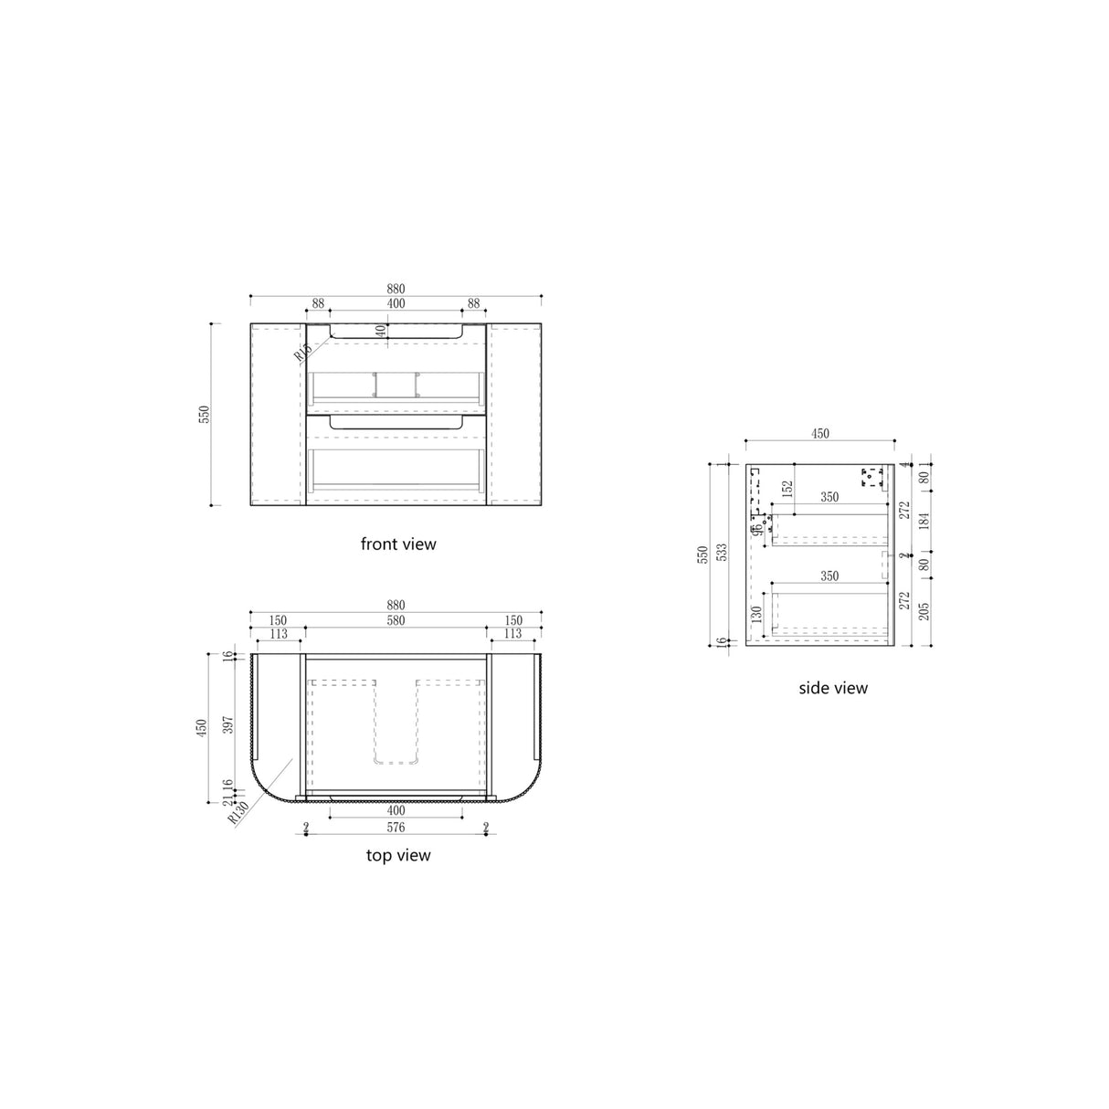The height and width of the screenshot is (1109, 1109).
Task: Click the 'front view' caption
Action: pos(398,544)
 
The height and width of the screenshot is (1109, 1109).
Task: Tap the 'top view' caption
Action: pos(397,856)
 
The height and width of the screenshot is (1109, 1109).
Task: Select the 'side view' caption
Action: pos(832,688)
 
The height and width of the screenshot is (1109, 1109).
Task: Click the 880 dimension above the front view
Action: pos(395,289)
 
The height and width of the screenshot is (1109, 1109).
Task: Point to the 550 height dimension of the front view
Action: pos(206,414)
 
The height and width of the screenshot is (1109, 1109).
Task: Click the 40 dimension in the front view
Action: pos(381,332)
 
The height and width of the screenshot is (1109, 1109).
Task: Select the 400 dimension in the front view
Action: pos(395,303)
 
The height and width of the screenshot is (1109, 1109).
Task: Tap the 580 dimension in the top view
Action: pos(395,621)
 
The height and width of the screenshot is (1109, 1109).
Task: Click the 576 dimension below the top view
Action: pos(395,828)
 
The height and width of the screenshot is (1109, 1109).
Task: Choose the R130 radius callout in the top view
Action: pos(239,811)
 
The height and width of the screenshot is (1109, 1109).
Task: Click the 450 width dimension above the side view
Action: pos(819,435)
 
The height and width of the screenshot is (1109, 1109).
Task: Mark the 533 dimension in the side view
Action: pos(723,554)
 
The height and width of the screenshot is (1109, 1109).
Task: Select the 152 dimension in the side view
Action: pos(787,490)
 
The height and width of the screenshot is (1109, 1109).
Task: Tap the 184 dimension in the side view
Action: pos(924,522)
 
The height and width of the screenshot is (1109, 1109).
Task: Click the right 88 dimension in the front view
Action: pos(473,303)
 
